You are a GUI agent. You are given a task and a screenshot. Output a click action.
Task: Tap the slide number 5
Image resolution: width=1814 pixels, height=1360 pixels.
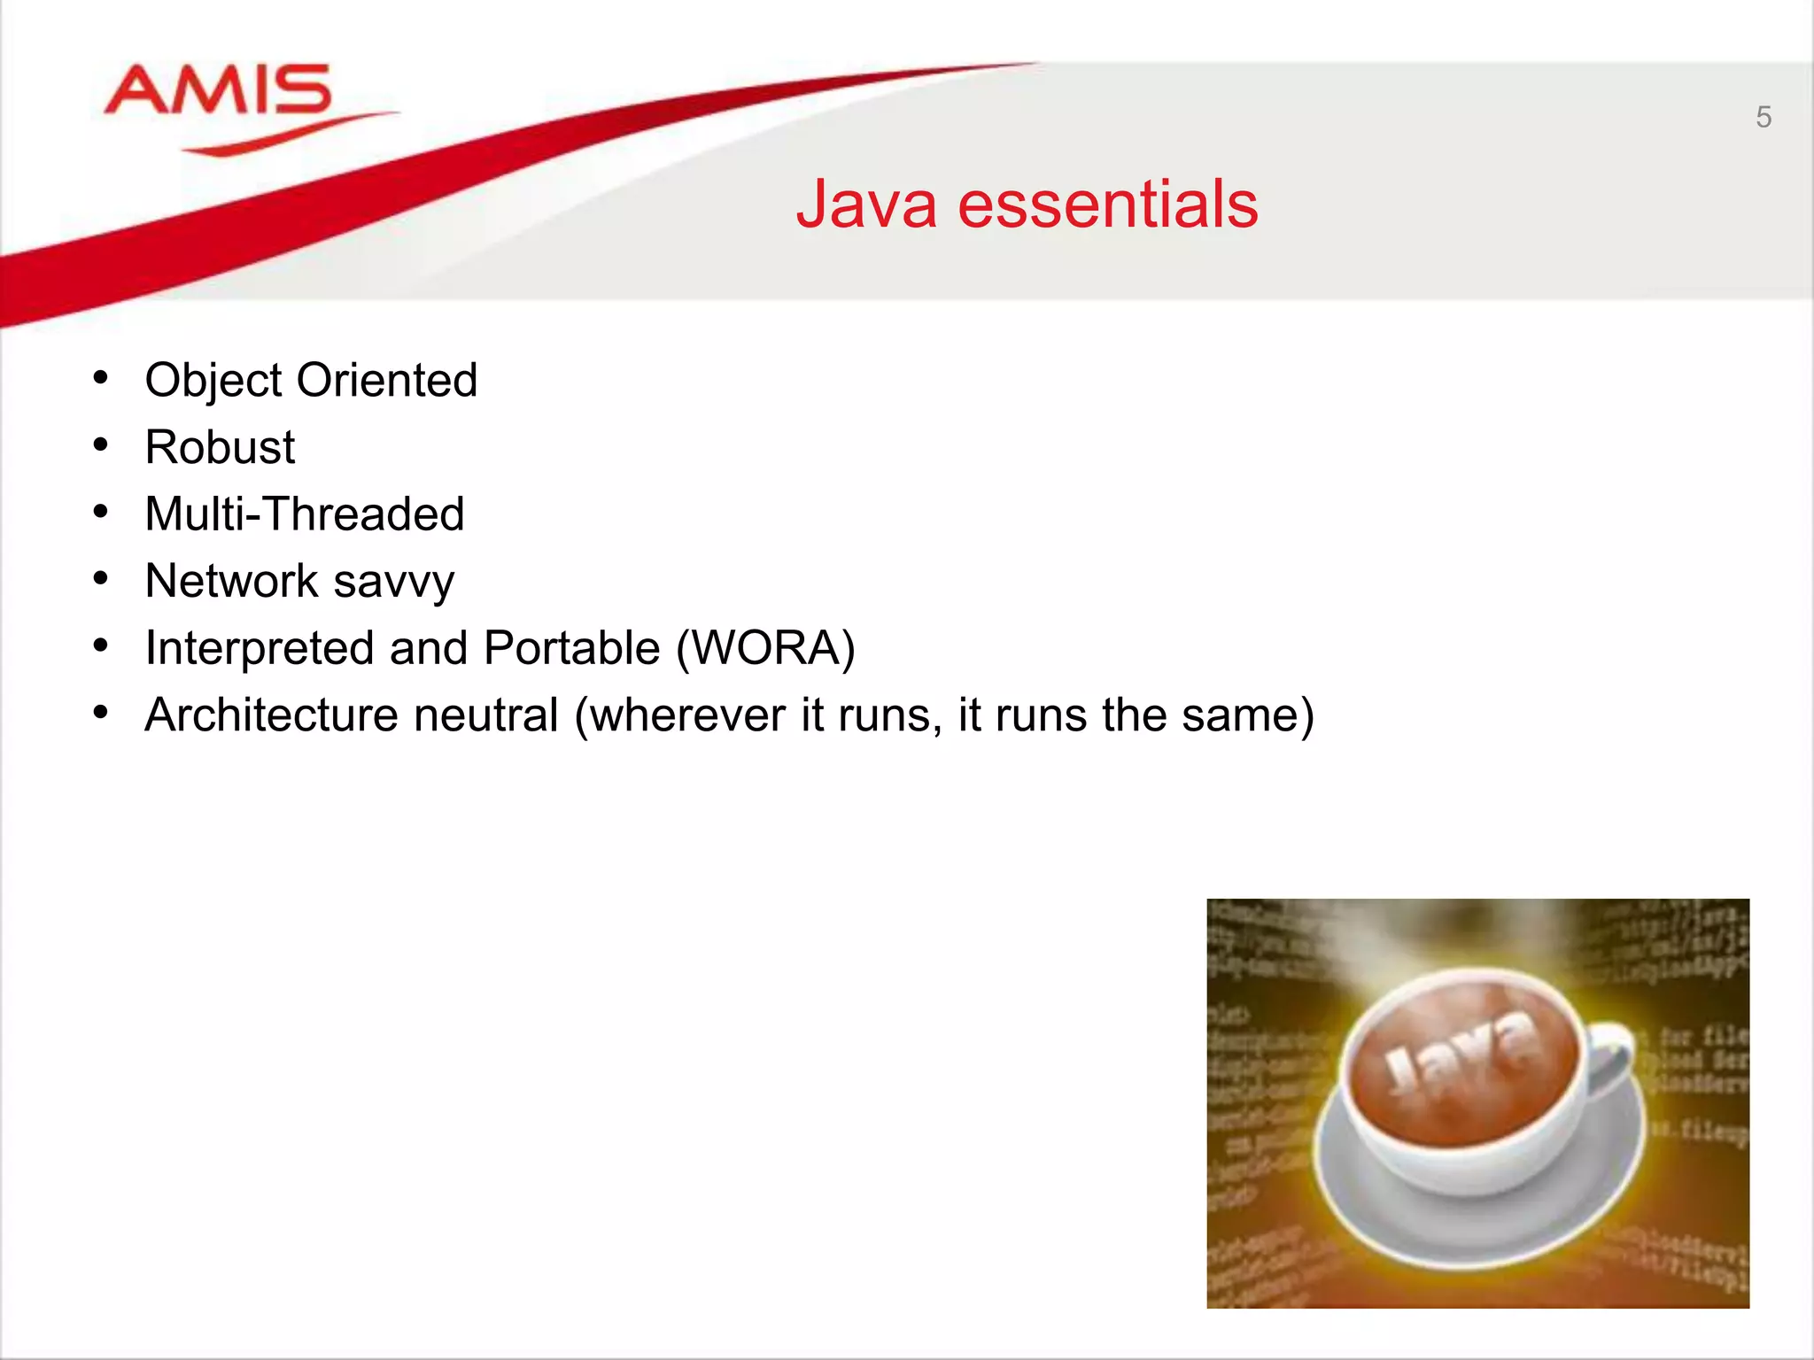[1763, 117]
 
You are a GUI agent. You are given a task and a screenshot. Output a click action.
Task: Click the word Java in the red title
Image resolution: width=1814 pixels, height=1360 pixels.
[866, 205]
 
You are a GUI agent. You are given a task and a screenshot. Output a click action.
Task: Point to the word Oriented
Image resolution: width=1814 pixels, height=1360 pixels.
[387, 381]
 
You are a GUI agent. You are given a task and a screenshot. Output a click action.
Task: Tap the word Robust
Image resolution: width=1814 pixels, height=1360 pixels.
[220, 447]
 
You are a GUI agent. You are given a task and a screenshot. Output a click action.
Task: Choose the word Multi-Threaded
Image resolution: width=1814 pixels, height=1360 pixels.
[304, 514]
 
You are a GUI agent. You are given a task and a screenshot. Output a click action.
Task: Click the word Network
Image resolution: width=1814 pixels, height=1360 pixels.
[231, 582]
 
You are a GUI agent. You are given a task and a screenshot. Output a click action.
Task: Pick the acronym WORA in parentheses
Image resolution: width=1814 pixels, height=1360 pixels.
[766, 648]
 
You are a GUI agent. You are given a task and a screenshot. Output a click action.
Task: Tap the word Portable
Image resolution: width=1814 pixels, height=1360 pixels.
[572, 648]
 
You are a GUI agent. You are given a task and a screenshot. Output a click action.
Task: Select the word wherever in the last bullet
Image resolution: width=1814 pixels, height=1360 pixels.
[687, 715]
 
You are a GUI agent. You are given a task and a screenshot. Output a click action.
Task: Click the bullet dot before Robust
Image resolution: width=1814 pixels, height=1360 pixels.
[101, 444]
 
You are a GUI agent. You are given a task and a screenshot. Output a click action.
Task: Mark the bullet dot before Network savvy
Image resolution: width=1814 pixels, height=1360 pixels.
[101, 579]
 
